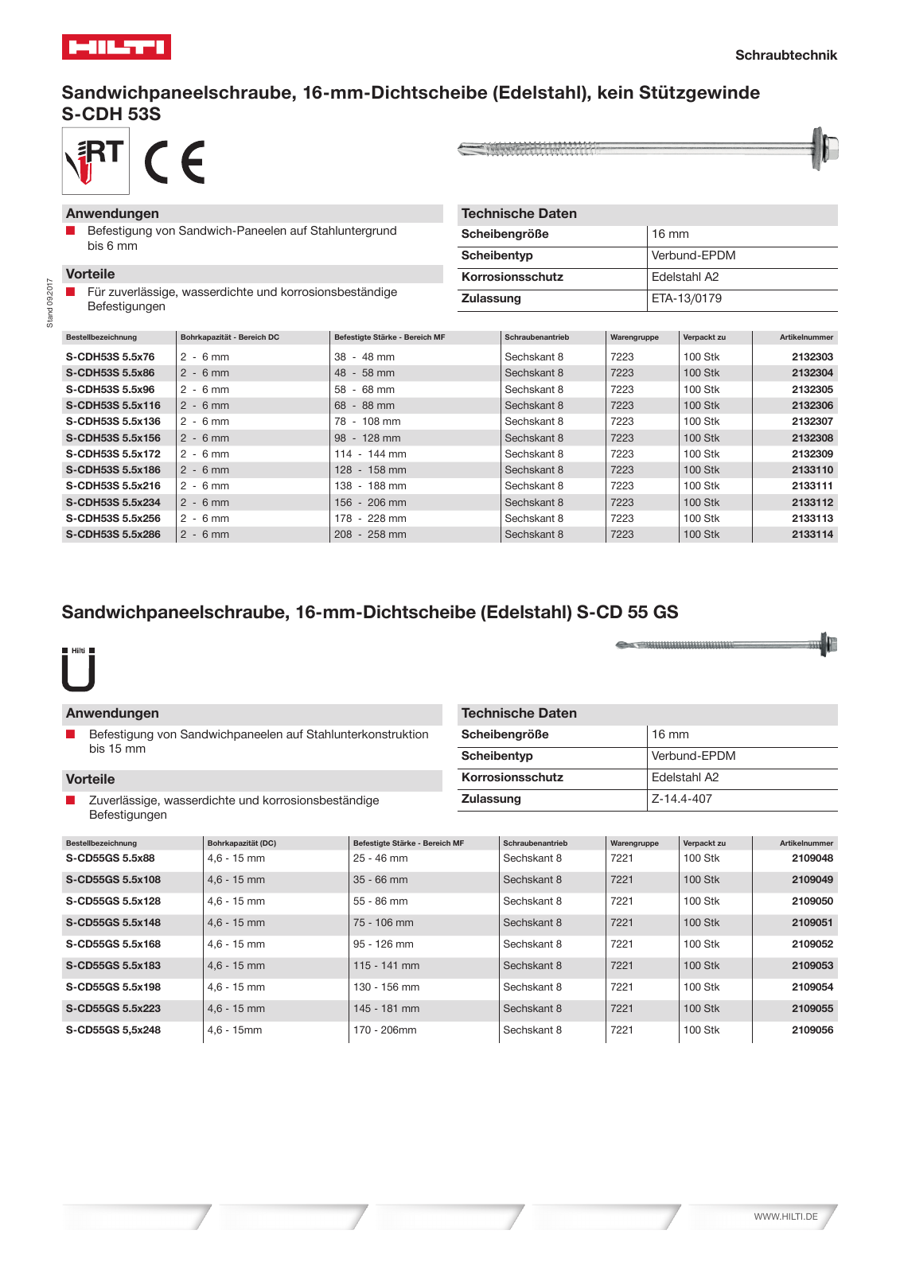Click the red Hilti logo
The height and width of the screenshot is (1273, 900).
coord(116,47)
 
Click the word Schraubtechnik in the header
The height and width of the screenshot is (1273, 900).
coord(785,55)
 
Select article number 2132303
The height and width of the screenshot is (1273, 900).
coord(812,357)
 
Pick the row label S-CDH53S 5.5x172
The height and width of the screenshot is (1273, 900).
coord(113,454)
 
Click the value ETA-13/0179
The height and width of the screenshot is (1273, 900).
coord(686,298)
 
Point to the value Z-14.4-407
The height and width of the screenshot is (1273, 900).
coord(681,799)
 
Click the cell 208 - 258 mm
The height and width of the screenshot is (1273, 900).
coord(370,535)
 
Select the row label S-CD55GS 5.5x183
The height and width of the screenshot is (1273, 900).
coord(113,965)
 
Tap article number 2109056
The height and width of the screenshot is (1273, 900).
coord(812,1030)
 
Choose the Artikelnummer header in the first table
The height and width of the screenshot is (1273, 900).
coord(806,337)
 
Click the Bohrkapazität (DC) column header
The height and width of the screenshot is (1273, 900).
coord(242,843)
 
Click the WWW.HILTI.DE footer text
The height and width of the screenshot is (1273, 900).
coord(785,1217)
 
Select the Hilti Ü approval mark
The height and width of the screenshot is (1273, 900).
coord(79,670)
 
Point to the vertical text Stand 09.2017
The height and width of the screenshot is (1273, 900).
coord(49,302)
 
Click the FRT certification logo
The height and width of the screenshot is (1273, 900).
coord(95,162)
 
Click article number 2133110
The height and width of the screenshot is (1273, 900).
coord(812,470)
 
